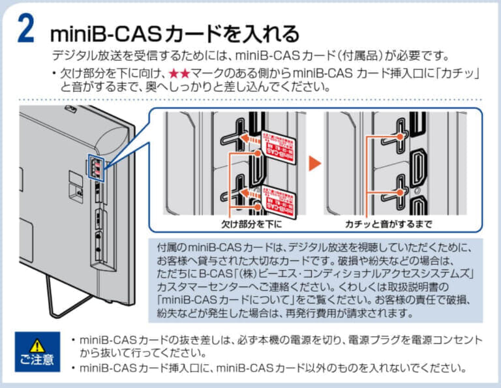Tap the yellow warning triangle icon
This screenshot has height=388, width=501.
click(x=37, y=344)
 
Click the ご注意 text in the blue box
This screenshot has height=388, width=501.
click(x=37, y=359)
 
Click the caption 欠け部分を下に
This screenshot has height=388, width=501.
click(x=251, y=224)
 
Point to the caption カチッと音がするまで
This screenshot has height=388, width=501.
click(x=389, y=224)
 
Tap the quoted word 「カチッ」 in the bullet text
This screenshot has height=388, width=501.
click(x=456, y=71)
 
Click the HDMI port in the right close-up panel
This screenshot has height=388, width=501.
click(x=417, y=166)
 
